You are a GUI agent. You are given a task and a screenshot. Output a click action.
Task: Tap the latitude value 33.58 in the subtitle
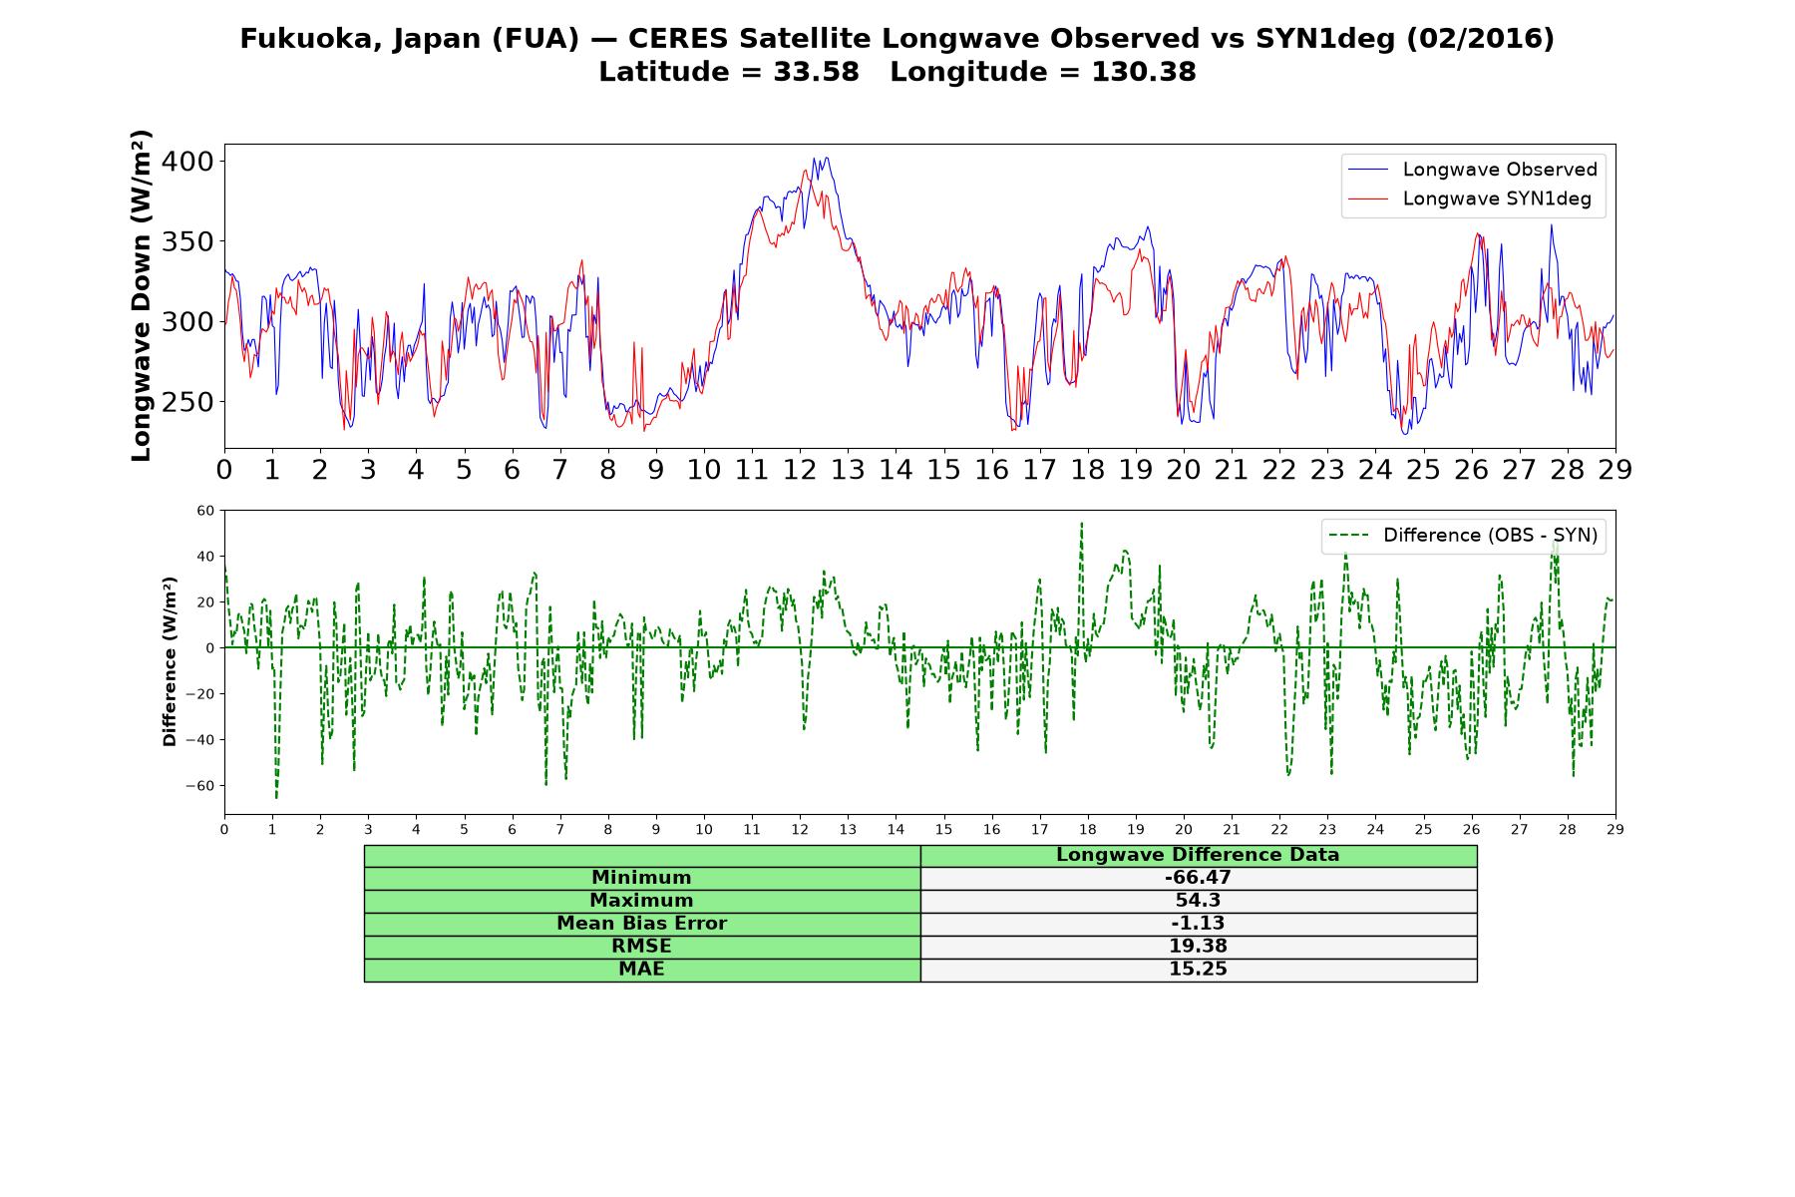click(816, 72)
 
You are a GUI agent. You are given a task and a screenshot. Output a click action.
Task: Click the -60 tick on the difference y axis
click(199, 786)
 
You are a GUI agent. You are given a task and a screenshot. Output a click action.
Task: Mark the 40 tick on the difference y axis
click(205, 557)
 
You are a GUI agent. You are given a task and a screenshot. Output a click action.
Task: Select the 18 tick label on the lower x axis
click(1087, 829)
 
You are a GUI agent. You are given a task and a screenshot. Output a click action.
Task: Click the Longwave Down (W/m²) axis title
click(141, 295)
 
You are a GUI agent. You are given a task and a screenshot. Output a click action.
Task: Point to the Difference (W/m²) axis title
click(170, 661)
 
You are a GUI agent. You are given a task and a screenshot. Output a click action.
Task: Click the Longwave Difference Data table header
click(1198, 855)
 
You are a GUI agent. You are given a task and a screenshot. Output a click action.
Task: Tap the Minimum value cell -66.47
click(1198, 878)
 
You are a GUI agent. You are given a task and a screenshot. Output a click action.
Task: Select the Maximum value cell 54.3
click(1198, 901)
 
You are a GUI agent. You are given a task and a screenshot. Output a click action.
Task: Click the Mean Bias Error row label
click(641, 924)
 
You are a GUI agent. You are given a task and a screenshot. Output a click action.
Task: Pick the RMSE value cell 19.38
click(1198, 947)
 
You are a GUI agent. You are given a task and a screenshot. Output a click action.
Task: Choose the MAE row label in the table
click(641, 970)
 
